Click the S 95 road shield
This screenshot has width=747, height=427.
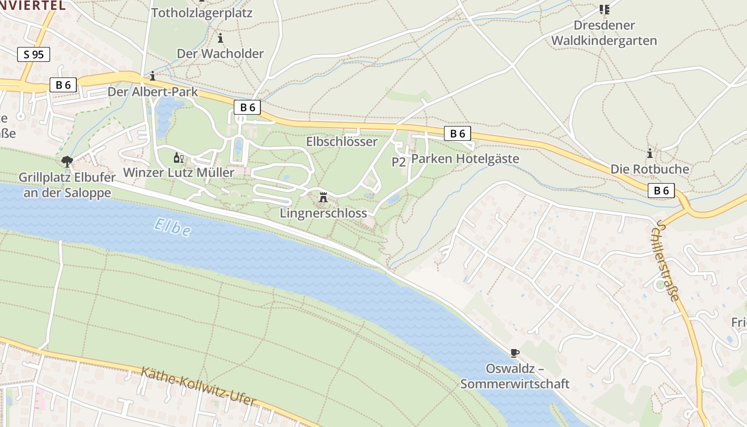(34, 54)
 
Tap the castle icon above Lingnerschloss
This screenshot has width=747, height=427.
(323, 197)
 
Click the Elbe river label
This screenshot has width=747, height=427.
(172, 227)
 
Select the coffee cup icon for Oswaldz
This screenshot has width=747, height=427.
(514, 353)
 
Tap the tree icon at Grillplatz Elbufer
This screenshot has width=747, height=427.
(67, 161)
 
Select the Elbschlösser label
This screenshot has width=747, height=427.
(341, 141)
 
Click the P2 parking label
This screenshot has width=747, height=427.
(399, 162)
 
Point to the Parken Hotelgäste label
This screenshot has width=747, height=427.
(465, 159)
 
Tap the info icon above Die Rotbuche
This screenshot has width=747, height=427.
(649, 153)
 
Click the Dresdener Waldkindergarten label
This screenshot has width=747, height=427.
(604, 33)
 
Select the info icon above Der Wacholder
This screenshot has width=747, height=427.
(220, 38)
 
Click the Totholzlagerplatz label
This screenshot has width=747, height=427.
(202, 13)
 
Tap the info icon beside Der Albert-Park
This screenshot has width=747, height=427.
(153, 76)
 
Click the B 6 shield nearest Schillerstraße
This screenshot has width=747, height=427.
(661, 190)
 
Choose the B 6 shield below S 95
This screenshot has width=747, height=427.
(63, 84)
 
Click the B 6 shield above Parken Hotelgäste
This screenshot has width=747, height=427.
(457, 133)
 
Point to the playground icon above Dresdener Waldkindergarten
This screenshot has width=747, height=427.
(604, 9)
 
